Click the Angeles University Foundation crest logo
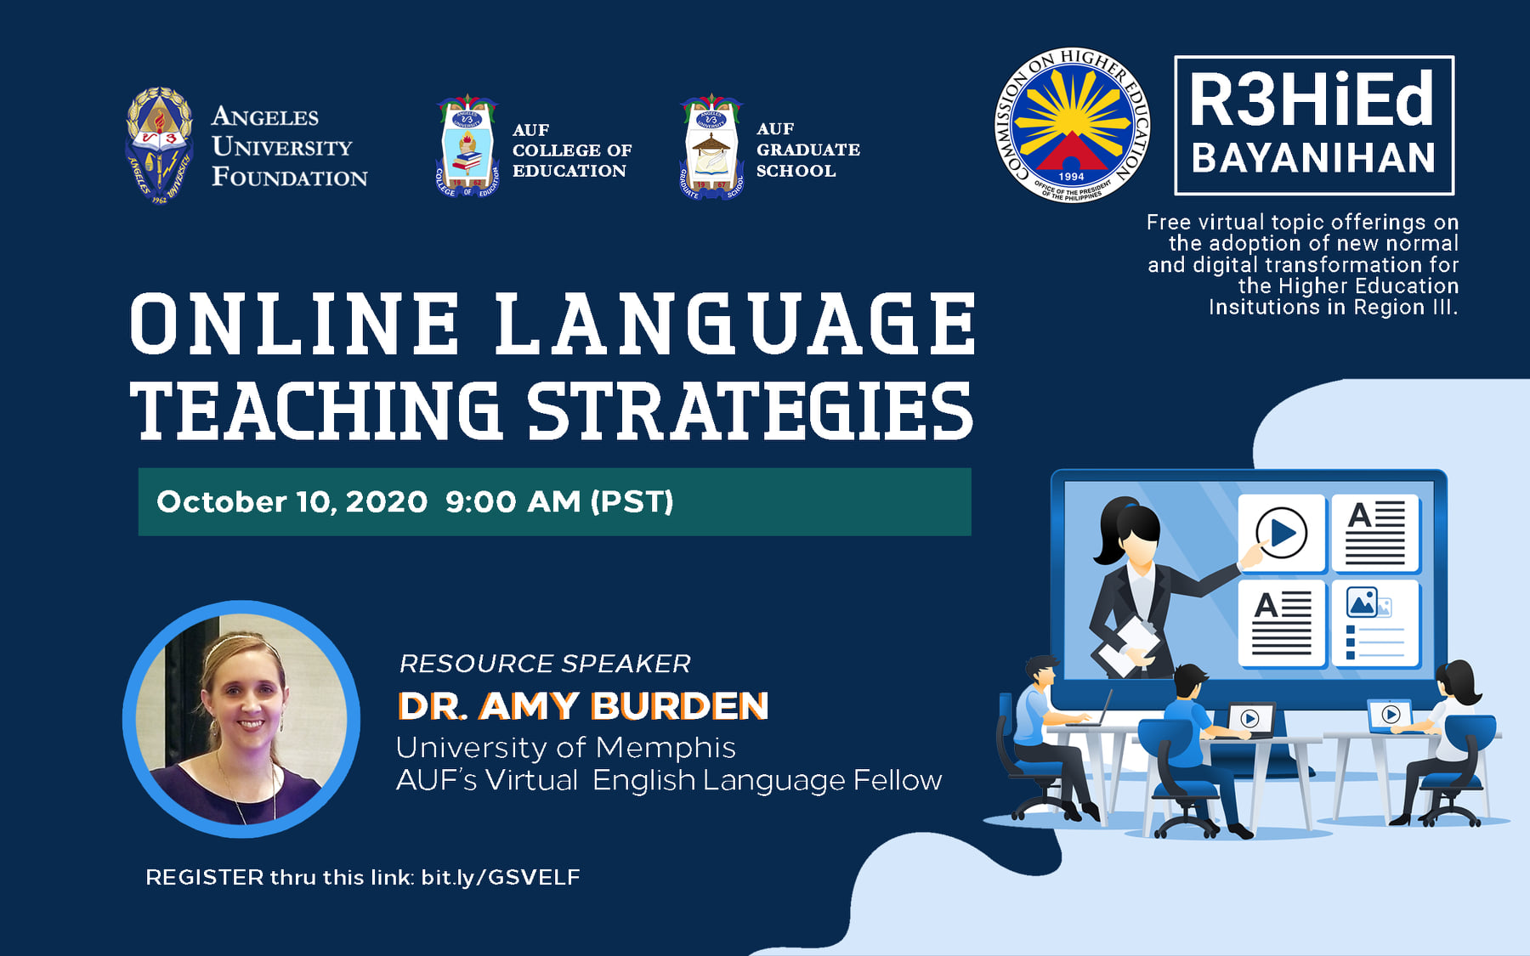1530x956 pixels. [159, 145]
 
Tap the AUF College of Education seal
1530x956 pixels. [467, 146]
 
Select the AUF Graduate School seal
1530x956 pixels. [711, 147]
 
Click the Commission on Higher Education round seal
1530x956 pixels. [1071, 125]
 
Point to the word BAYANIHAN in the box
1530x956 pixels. [1313, 158]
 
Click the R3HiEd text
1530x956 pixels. [1312, 99]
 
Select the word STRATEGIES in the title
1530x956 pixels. [750, 411]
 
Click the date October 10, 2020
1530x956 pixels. [292, 501]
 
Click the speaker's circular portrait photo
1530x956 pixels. [241, 719]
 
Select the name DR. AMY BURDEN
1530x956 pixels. [583, 706]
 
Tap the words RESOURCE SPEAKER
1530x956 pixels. [545, 663]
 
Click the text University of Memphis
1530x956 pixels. [566, 747]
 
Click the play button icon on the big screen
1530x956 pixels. [1281, 533]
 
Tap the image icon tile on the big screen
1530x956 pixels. [1375, 623]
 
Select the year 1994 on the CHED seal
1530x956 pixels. [1071, 177]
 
